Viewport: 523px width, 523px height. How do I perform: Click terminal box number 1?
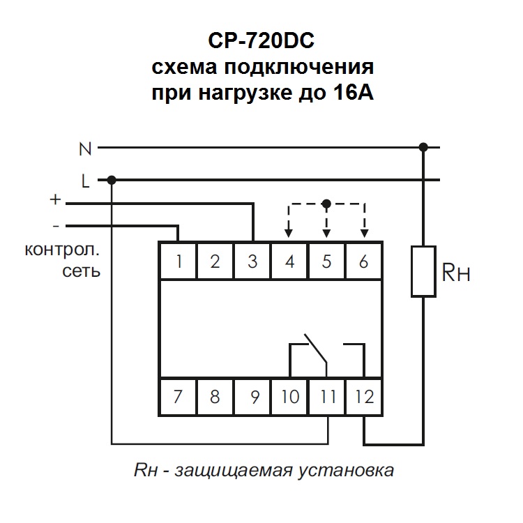[x=179, y=261]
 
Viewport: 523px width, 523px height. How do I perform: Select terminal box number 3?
[x=252, y=261]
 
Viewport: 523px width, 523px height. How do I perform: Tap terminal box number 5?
[x=326, y=261]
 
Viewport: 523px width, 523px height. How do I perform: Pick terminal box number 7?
[x=179, y=397]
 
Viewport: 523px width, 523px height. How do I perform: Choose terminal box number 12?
[x=364, y=397]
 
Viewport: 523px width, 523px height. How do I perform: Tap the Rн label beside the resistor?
[x=456, y=272]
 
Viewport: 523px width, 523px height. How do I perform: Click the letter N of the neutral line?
[x=85, y=149]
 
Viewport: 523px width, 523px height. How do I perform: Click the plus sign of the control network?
[x=56, y=201]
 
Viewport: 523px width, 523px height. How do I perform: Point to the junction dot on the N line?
[x=423, y=148]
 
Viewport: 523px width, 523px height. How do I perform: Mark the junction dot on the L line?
[x=112, y=181]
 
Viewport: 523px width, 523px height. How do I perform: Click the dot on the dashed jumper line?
[x=326, y=204]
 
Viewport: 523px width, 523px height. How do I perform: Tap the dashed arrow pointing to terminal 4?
[x=289, y=229]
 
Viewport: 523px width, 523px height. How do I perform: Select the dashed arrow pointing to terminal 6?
[x=364, y=229]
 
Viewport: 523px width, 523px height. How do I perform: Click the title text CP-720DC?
[x=261, y=42]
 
